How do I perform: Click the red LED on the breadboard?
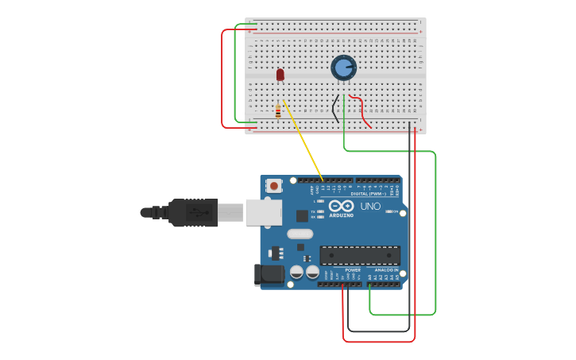(280, 75)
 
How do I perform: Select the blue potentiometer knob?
(343, 68)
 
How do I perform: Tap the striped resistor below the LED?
(278, 111)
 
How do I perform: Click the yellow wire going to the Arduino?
(303, 142)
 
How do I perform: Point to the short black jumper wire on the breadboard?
(334, 108)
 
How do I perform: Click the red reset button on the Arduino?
(274, 186)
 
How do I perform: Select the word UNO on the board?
(371, 206)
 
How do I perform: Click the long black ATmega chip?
(360, 255)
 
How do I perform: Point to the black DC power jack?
(269, 275)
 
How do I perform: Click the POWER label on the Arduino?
(353, 270)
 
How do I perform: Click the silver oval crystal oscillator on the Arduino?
(300, 234)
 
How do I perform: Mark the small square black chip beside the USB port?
(302, 215)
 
